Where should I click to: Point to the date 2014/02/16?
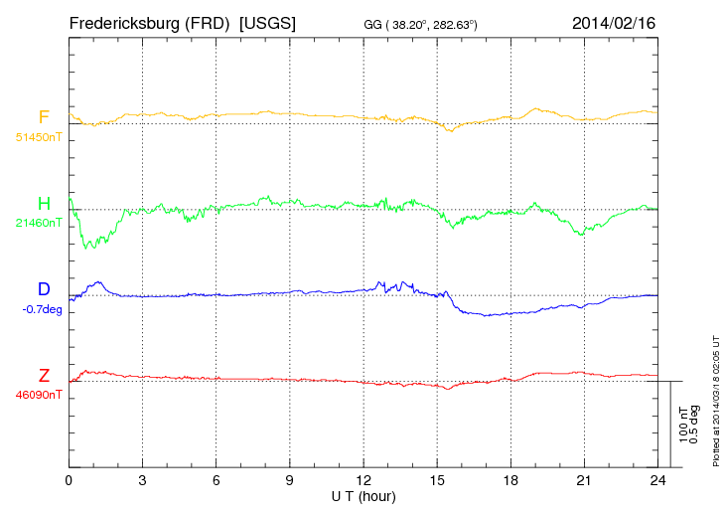[613, 22]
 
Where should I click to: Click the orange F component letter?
[44, 117]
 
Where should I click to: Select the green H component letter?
[44, 204]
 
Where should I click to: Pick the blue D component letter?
[44, 289]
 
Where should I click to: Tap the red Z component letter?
[44, 376]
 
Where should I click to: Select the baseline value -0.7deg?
[41, 309]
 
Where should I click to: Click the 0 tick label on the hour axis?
[69, 480]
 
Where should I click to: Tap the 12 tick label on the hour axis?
[363, 480]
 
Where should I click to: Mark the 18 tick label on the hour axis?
[510, 480]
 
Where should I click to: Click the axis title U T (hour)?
[363, 495]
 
